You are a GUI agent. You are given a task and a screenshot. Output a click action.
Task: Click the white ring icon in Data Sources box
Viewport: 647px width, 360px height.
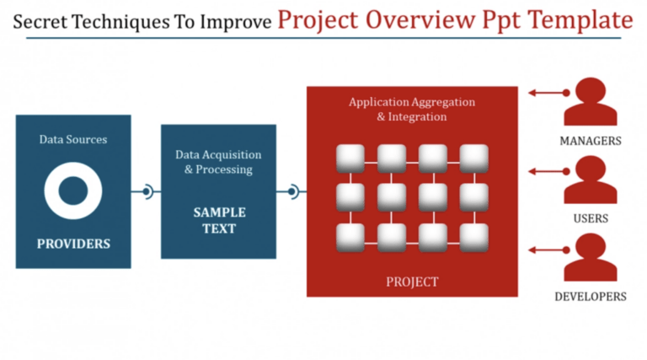pos(73,191)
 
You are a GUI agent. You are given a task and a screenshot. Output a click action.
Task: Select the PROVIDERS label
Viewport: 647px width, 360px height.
pos(73,244)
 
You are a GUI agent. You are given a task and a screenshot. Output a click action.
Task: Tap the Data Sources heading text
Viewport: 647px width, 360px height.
pos(73,139)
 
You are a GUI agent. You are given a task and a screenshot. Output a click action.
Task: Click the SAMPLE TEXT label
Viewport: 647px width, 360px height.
pos(218,220)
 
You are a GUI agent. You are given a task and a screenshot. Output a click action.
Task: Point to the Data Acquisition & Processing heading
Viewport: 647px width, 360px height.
pos(218,162)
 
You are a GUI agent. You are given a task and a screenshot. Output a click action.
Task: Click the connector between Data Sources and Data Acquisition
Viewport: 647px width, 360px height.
pos(147,192)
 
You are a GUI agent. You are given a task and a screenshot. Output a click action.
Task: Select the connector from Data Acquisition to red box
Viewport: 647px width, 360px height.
pos(291,192)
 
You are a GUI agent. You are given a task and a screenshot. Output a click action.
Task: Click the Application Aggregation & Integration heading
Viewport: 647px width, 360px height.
pos(412,109)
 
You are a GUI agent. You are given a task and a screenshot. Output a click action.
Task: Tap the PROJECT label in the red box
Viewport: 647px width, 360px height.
pos(412,282)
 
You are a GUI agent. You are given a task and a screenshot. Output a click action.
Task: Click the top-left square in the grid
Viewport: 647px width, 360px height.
pos(350,158)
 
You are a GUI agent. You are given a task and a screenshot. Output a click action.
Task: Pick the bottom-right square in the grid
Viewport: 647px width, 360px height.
pos(473,236)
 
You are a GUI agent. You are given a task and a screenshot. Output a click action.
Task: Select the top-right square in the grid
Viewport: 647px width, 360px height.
pos(473,158)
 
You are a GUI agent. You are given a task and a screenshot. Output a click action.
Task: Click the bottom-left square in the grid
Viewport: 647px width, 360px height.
pos(350,236)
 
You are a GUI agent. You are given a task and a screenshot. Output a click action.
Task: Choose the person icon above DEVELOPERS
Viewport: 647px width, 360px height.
pos(590,257)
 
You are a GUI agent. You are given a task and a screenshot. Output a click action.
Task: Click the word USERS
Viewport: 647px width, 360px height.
pos(590,218)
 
